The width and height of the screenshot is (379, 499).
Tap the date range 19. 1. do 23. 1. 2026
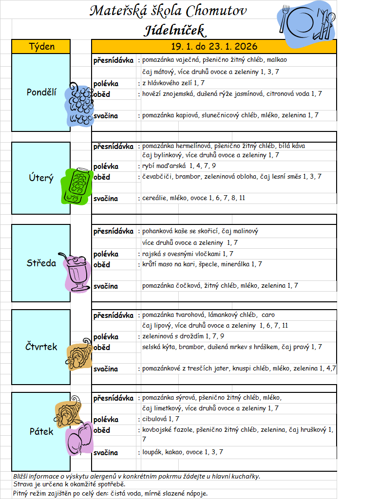214,47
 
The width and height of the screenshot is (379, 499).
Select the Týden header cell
42,47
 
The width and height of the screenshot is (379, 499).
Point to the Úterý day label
41,178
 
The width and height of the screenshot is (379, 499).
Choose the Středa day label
41,263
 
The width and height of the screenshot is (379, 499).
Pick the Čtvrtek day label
41,347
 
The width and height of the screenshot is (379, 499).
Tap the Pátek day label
41,431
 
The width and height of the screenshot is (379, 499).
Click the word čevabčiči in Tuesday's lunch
157,177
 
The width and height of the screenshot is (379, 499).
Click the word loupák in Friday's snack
152,452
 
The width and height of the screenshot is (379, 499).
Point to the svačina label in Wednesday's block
106,286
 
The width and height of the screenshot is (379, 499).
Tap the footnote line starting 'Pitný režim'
111,494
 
